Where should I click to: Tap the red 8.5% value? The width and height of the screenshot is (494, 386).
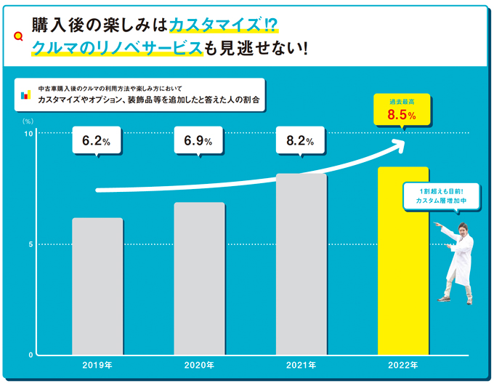pyautogui.click(x=401, y=116)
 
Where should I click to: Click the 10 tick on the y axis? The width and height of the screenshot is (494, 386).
pyautogui.click(x=28, y=134)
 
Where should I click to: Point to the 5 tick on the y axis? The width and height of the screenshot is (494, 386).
pyautogui.click(x=31, y=244)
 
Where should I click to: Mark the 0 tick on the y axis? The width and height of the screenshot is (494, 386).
pyautogui.click(x=31, y=355)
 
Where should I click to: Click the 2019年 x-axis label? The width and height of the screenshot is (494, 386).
pyautogui.click(x=97, y=365)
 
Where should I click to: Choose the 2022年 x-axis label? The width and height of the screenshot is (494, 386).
pyautogui.click(x=403, y=365)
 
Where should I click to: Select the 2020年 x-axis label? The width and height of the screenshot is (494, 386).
pyautogui.click(x=199, y=365)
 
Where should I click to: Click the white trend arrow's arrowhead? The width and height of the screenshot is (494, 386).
pyautogui.click(x=397, y=142)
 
